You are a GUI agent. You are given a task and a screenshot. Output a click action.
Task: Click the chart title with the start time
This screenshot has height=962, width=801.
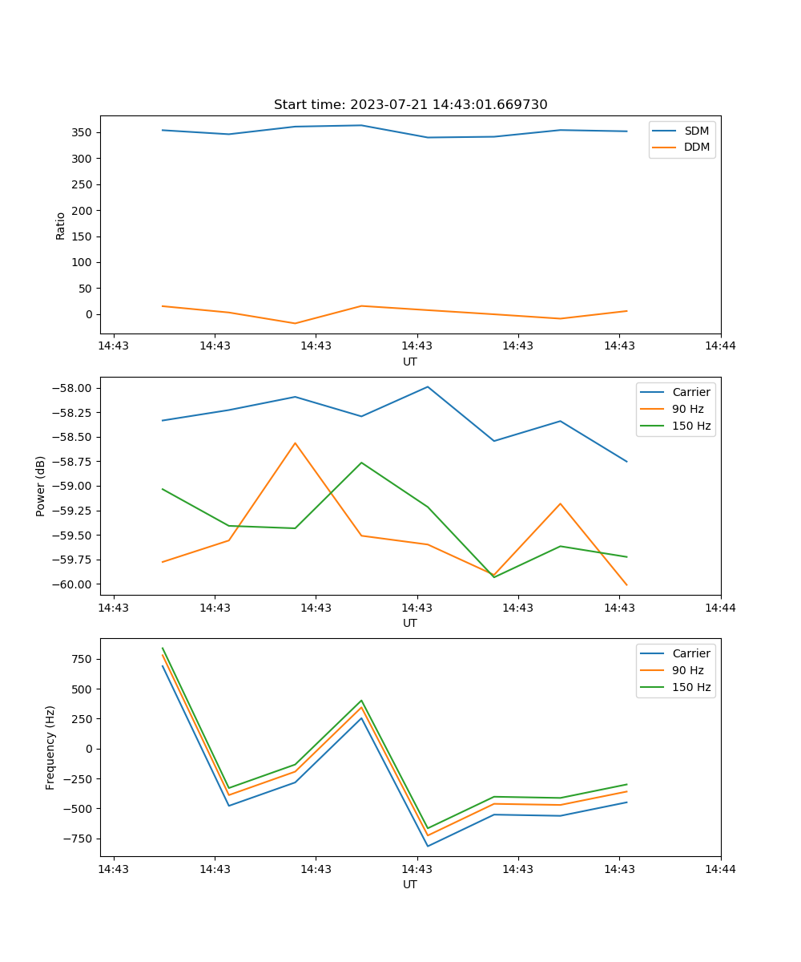tap(410, 105)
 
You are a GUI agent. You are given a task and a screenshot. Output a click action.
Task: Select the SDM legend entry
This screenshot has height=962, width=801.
tap(696, 131)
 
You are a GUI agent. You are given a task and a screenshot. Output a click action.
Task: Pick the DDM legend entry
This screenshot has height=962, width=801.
tap(696, 147)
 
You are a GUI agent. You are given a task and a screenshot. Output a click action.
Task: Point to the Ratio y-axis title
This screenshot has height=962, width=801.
tap(61, 226)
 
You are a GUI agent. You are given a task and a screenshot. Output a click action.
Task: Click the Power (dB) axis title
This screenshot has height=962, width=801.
tap(41, 486)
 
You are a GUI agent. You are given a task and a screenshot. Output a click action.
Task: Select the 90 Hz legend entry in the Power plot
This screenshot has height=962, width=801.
tap(687, 409)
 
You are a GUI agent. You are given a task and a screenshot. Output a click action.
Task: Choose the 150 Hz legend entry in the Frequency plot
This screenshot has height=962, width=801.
tap(691, 687)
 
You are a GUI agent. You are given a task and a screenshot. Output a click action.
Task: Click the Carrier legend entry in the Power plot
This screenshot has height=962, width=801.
tap(690, 392)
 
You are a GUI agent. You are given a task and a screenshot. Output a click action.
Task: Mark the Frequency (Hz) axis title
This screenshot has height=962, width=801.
tap(50, 747)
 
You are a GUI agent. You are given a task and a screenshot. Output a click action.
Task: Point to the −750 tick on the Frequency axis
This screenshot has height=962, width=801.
tap(80, 839)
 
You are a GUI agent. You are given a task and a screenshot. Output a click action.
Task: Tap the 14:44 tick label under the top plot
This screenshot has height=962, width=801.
tap(720, 346)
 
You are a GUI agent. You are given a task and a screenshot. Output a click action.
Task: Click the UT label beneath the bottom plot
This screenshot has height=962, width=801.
tap(410, 884)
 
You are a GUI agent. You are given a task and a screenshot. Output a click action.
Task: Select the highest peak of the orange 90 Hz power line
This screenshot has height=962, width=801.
tap(295, 443)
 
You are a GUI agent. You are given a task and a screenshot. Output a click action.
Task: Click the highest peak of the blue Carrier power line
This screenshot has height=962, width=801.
tap(428, 386)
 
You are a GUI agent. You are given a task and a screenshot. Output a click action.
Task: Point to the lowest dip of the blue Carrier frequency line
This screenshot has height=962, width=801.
tap(428, 846)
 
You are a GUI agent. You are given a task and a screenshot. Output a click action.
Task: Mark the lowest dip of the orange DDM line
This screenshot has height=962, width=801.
tap(295, 323)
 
